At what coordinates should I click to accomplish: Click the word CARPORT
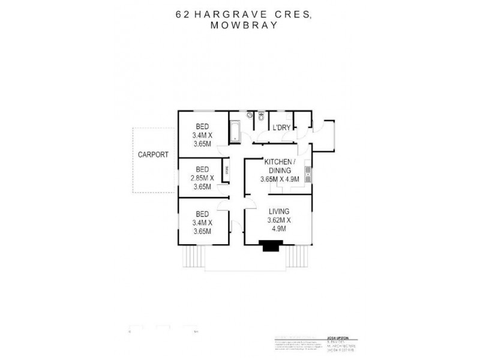click(x=153, y=154)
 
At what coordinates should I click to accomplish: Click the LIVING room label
click(x=279, y=211)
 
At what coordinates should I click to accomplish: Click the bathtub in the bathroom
click(x=235, y=131)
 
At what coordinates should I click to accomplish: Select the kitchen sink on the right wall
click(x=307, y=174)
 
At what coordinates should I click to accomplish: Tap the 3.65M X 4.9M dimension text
click(x=279, y=179)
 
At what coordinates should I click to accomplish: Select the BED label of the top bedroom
click(x=202, y=127)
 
